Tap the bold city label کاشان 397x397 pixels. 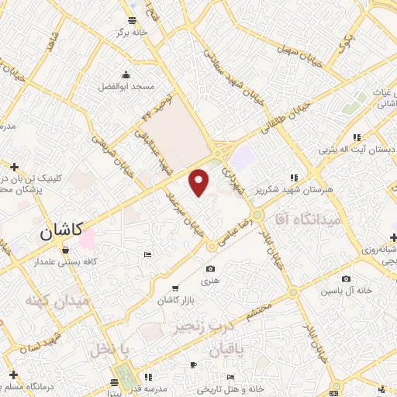coord(61,230)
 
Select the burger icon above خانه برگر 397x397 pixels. coord(133,19)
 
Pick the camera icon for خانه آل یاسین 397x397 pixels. coord(345,279)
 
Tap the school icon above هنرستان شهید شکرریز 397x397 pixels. coord(293,177)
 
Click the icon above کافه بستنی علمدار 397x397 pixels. coord(64,250)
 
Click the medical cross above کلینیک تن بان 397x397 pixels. coord(14,166)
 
